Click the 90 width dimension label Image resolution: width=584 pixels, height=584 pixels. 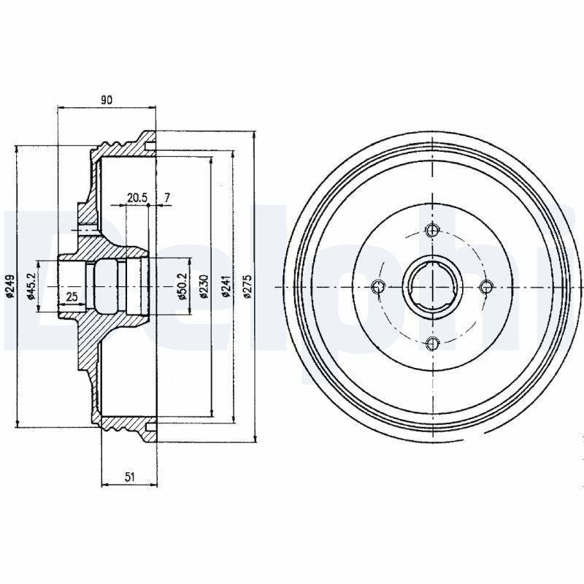107,100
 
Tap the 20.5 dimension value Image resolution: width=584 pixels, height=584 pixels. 137,198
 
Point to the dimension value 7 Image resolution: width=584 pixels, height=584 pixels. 167,198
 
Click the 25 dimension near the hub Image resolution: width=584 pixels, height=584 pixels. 72,296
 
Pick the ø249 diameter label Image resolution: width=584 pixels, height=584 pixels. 11,287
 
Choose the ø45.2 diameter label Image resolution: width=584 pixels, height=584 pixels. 31,286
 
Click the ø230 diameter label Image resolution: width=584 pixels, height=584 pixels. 203,287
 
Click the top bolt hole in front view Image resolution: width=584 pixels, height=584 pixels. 431,231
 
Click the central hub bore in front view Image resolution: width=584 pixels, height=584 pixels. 431,287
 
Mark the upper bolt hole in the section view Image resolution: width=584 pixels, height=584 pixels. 86,231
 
